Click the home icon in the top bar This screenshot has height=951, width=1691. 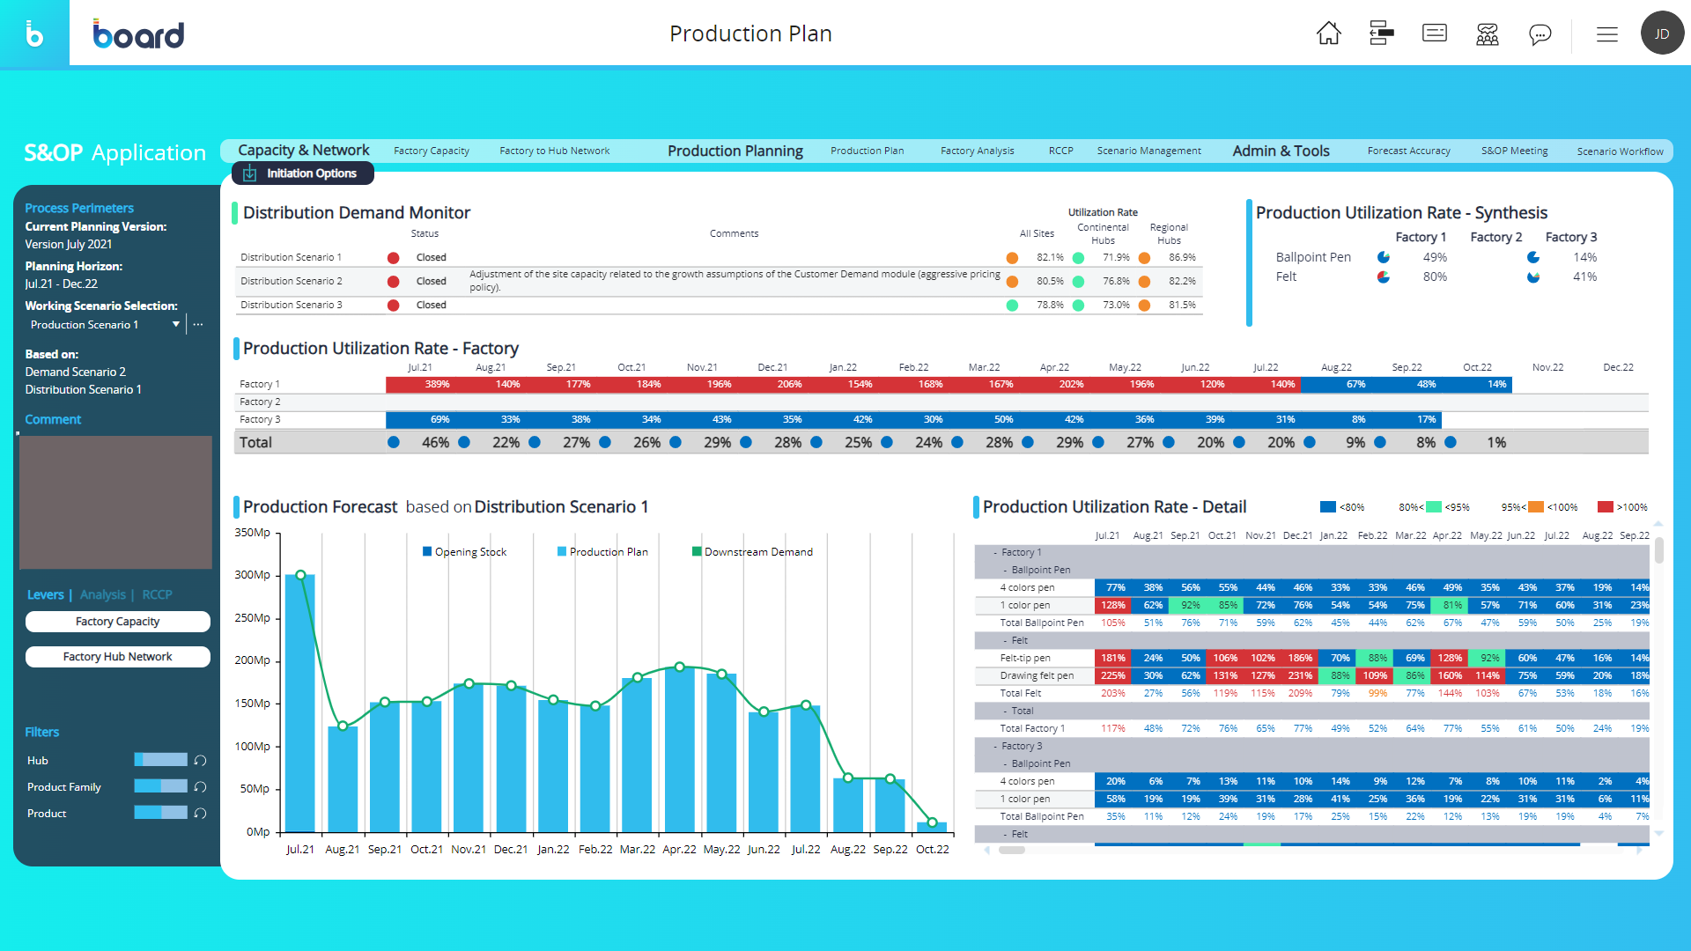click(1328, 33)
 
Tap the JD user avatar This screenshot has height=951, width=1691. click(1662, 33)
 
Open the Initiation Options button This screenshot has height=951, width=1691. click(303, 173)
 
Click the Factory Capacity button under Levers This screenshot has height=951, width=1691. click(117, 622)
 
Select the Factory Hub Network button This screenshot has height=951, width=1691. click(117, 657)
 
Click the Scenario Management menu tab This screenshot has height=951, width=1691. click(1148, 151)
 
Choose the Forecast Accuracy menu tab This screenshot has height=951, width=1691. click(1408, 151)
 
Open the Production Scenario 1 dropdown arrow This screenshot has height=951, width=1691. click(176, 325)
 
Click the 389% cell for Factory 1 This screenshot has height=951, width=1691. click(437, 385)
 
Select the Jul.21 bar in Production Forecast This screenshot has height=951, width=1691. click(300, 704)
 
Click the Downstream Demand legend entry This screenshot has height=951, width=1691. click(752, 552)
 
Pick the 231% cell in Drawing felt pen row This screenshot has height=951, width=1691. click(1300, 676)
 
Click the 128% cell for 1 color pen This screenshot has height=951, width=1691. click(1112, 606)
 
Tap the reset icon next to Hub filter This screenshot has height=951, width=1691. click(200, 761)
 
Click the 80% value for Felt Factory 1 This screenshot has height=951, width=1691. click(1435, 276)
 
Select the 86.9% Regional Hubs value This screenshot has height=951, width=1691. click(1182, 258)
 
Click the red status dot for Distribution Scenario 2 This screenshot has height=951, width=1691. click(394, 282)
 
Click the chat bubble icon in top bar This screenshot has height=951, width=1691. click(1540, 33)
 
